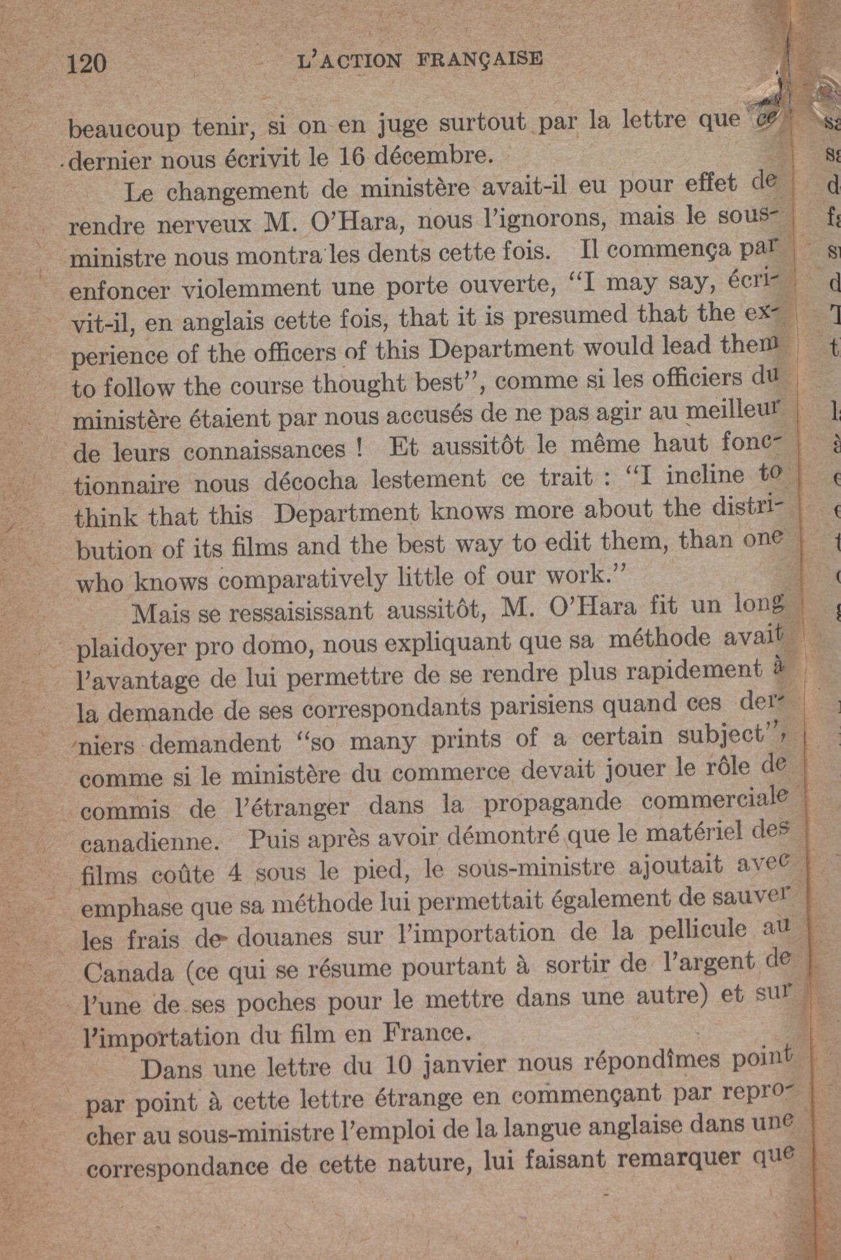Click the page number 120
click(x=87, y=64)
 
